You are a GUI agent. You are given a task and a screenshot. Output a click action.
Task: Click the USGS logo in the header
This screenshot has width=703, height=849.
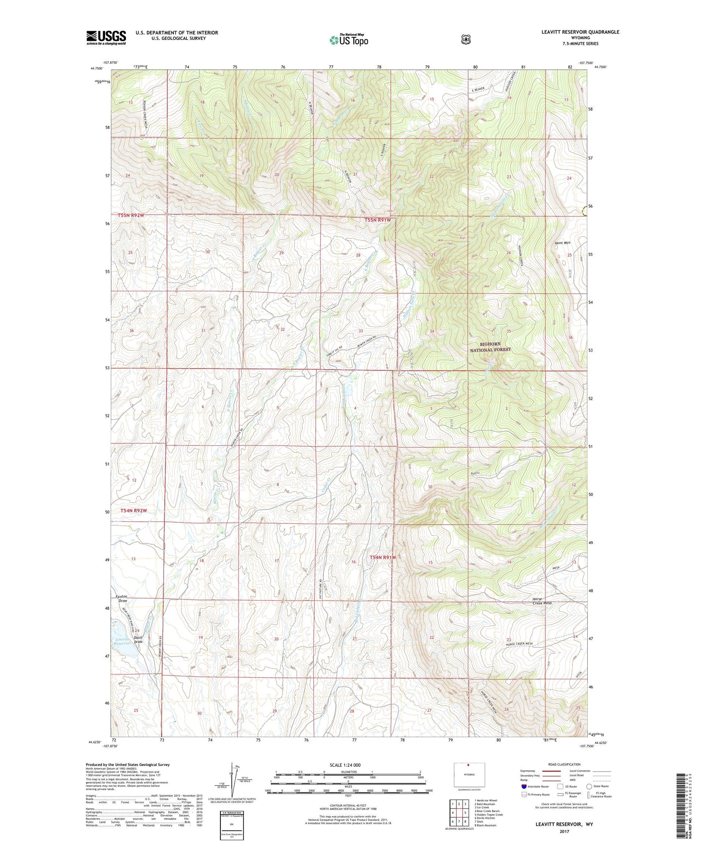point(106,37)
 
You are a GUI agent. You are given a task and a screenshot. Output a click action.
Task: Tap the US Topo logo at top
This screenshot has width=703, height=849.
point(348,39)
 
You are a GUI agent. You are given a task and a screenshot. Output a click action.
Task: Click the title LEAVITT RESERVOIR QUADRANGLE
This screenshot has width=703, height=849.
point(580,32)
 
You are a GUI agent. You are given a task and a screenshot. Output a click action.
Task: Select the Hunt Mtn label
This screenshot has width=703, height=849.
point(562,243)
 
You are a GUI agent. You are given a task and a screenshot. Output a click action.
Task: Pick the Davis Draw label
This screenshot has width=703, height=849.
point(139,639)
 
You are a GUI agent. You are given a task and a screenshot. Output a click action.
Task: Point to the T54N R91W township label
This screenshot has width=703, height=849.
point(382,557)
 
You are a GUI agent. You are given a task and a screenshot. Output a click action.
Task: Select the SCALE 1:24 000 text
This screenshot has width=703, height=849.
point(345,765)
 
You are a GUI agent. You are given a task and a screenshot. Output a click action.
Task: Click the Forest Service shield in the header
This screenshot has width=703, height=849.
point(466,39)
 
